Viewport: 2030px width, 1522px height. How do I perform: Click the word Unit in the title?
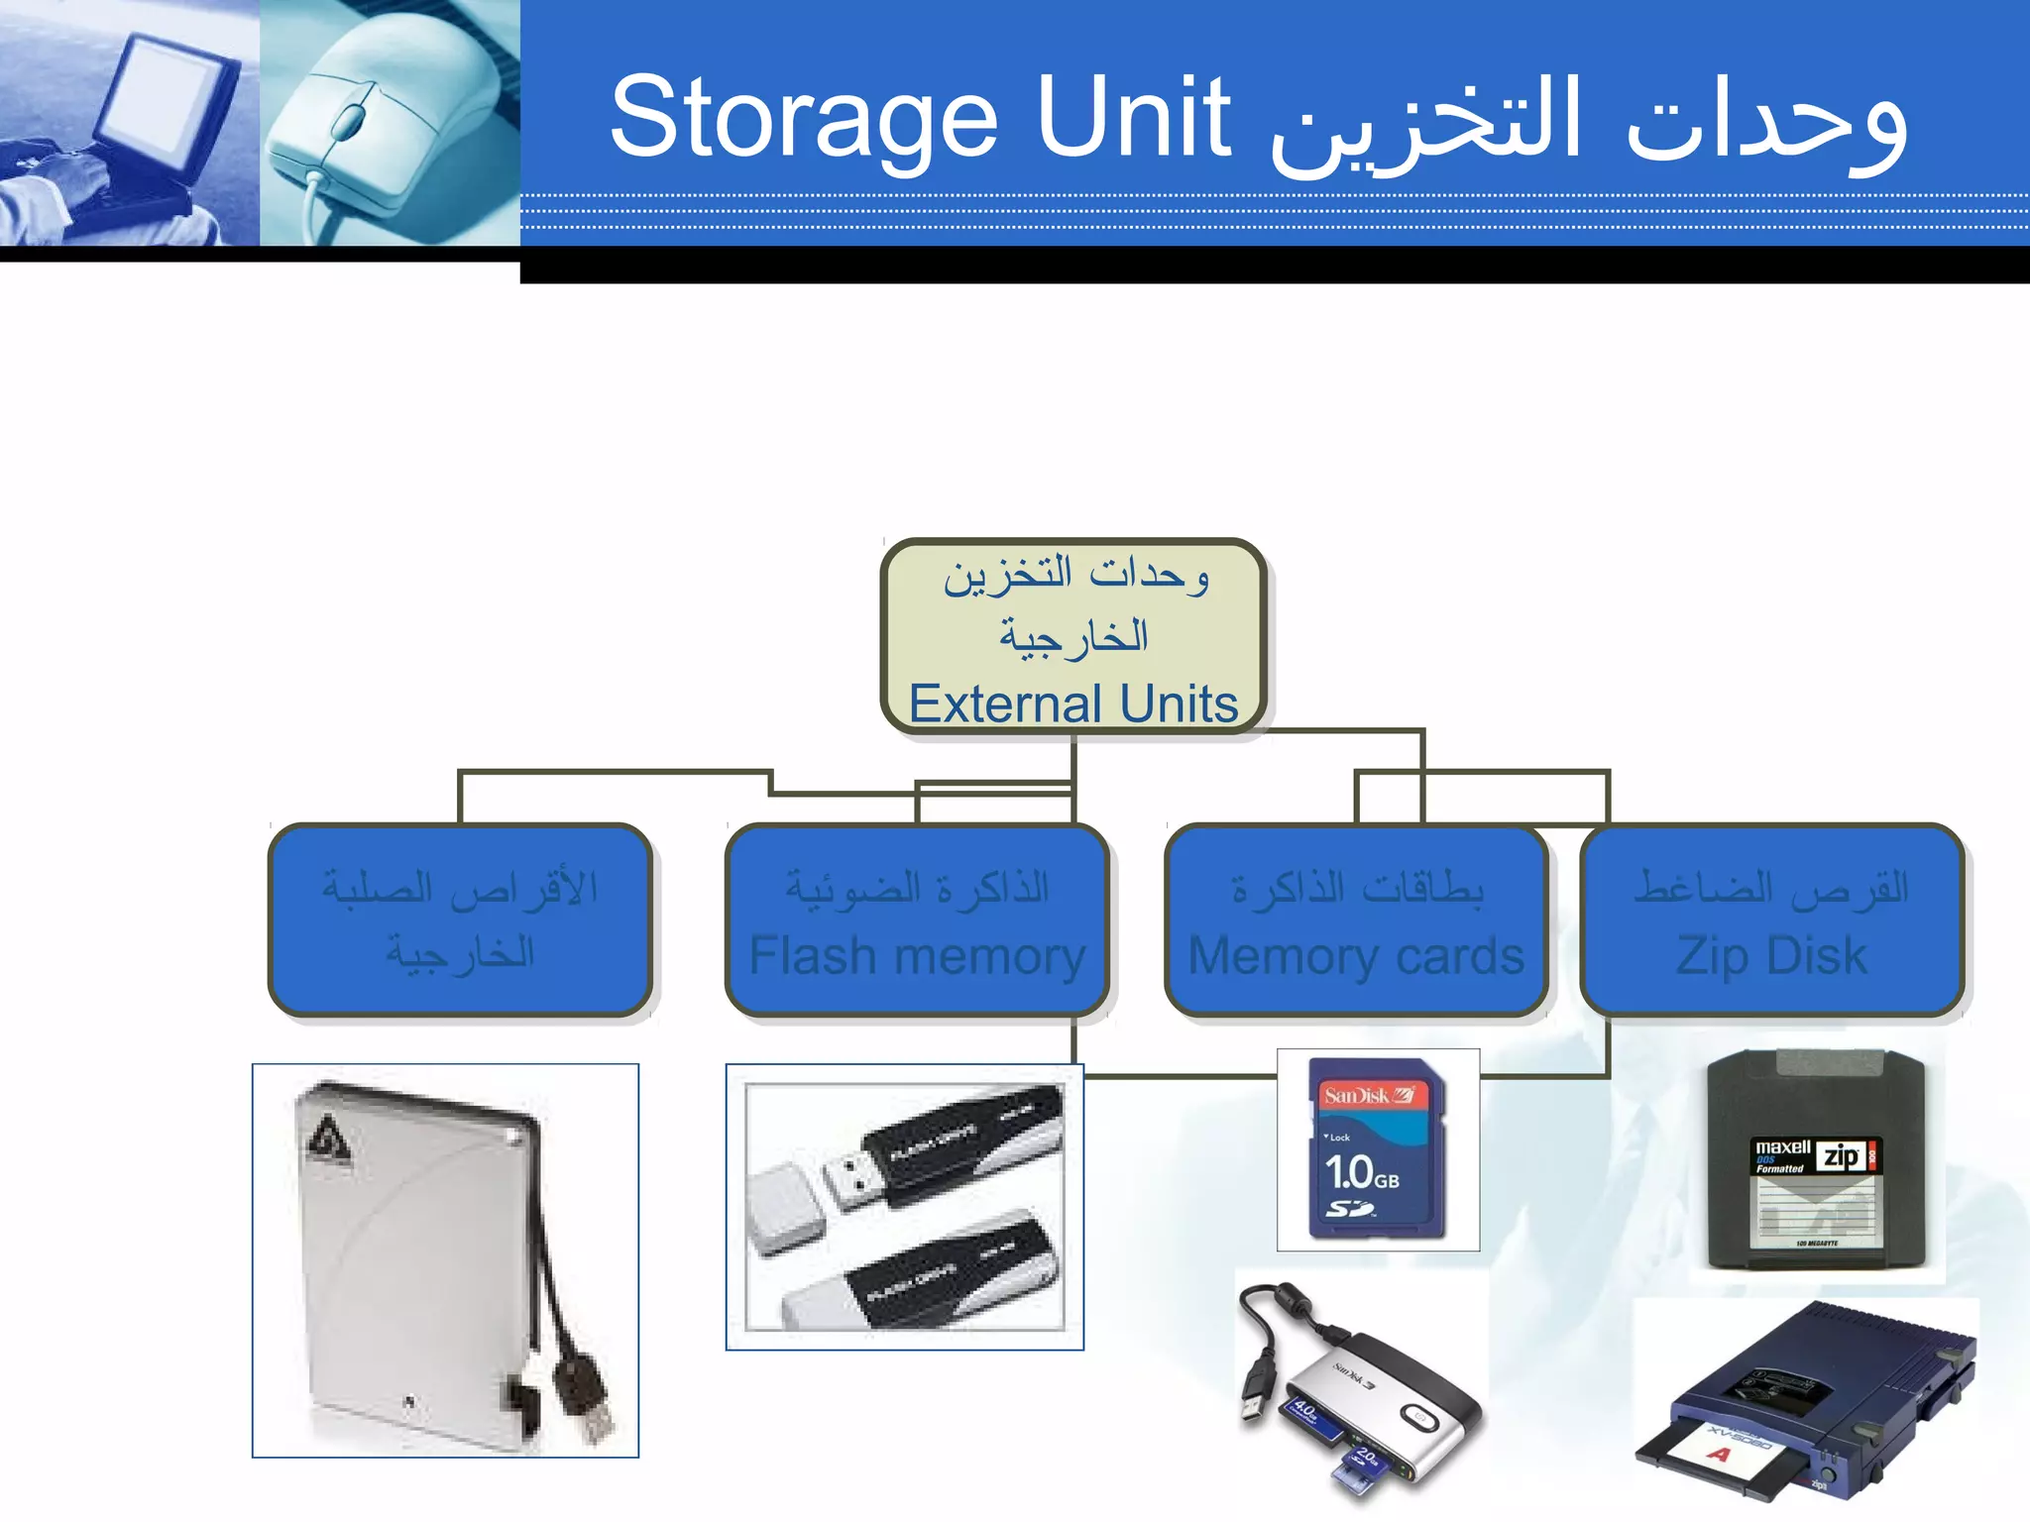click(1133, 117)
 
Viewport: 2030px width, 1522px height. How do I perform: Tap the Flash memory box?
click(917, 921)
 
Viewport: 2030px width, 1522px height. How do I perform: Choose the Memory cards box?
click(1356, 921)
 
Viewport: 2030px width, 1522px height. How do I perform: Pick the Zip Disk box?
click(1772, 921)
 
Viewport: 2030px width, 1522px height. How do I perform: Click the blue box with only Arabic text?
click(460, 921)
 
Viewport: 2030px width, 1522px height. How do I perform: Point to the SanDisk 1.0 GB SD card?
click(1377, 1149)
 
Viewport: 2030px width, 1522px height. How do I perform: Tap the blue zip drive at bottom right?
click(1814, 1397)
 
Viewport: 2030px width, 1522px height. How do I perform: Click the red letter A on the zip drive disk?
click(1720, 1454)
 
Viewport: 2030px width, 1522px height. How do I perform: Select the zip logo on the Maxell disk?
click(1842, 1155)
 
